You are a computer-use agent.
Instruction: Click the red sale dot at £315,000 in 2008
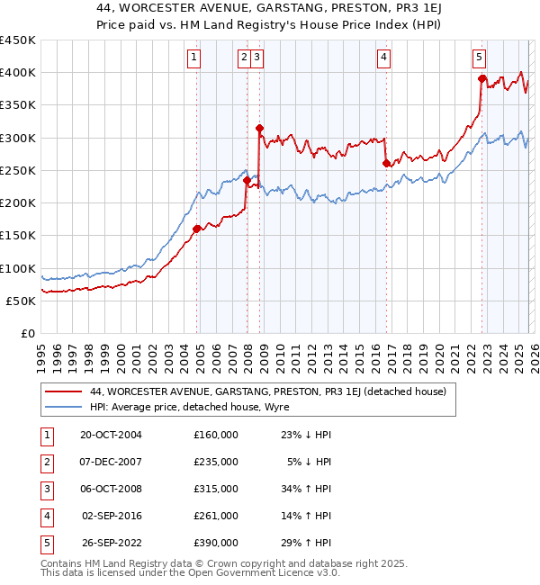click(x=259, y=129)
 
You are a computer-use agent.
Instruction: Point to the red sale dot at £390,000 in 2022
click(x=482, y=79)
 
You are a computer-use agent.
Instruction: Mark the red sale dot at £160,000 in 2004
click(x=197, y=229)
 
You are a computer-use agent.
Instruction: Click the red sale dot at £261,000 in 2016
click(x=386, y=163)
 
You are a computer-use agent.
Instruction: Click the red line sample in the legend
click(x=64, y=391)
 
